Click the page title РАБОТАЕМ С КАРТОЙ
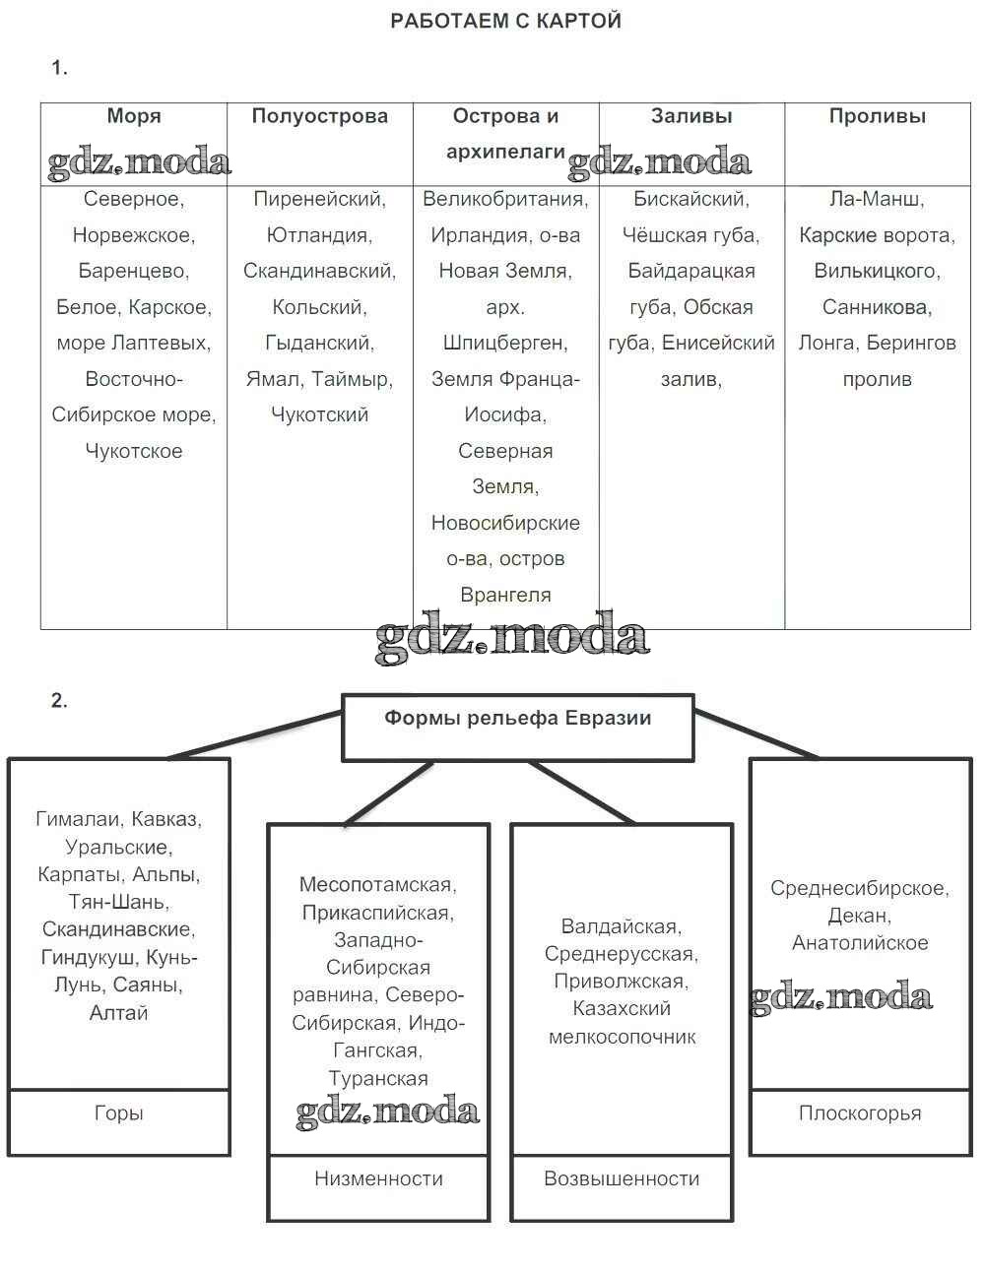click(505, 21)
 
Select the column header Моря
click(134, 116)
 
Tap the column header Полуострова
click(320, 116)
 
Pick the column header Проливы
click(877, 116)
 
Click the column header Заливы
click(691, 116)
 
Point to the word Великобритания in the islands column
click(503, 199)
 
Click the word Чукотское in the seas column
click(134, 451)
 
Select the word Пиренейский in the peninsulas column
click(317, 199)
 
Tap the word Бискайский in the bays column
click(689, 199)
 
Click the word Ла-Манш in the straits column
click(875, 199)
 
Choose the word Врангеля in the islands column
click(505, 595)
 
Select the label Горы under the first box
click(118, 1113)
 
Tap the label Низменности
click(378, 1178)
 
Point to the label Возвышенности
click(622, 1178)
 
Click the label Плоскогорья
click(860, 1113)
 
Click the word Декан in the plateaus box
click(857, 916)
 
